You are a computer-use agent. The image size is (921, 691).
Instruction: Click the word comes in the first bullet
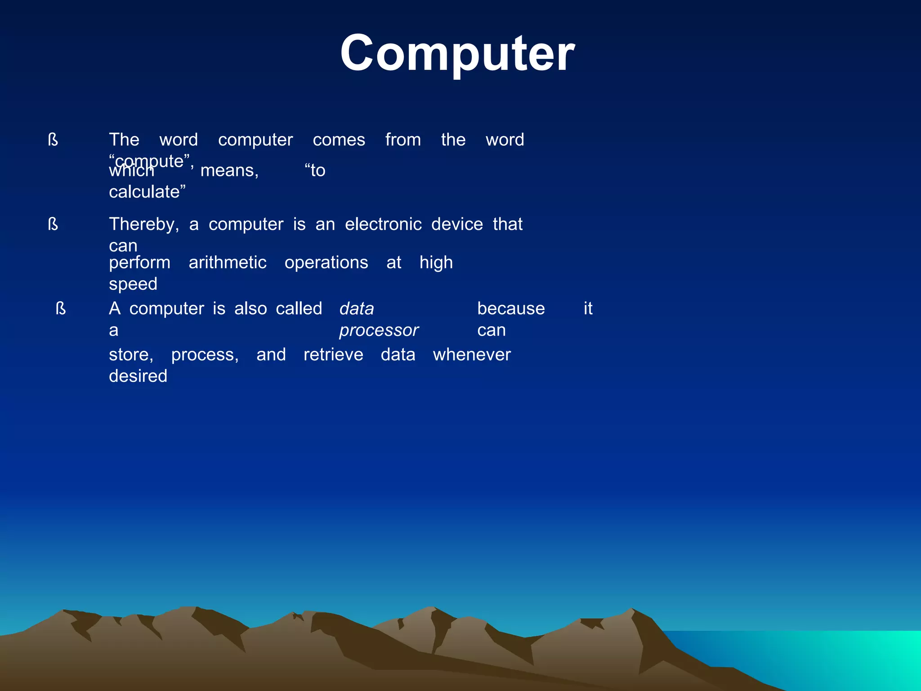(x=339, y=140)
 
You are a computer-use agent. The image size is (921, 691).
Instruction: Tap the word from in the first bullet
(x=403, y=140)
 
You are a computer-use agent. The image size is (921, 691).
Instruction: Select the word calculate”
(x=147, y=192)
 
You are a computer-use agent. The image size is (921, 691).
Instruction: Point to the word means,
(x=229, y=171)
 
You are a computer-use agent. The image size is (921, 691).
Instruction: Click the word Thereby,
(x=144, y=224)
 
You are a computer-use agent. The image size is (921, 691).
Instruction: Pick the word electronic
(x=383, y=224)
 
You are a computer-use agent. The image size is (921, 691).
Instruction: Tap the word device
(x=457, y=224)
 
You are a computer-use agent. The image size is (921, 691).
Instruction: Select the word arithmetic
(x=228, y=263)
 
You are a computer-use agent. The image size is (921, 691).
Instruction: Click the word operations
(x=326, y=263)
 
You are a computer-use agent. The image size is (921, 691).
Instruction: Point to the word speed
(x=133, y=284)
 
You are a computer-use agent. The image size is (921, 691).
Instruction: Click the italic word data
(x=357, y=309)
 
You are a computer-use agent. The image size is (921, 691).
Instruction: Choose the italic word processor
(x=379, y=331)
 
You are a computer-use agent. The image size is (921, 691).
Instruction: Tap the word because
(x=511, y=309)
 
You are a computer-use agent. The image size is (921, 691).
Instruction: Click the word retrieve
(x=333, y=355)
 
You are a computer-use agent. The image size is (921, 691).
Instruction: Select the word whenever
(x=472, y=355)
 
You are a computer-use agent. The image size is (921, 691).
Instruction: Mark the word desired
(x=138, y=376)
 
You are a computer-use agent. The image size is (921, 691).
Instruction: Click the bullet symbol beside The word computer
(x=53, y=140)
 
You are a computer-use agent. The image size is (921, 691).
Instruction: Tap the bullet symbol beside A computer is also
(x=61, y=309)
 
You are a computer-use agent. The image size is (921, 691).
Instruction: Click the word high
(x=436, y=263)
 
